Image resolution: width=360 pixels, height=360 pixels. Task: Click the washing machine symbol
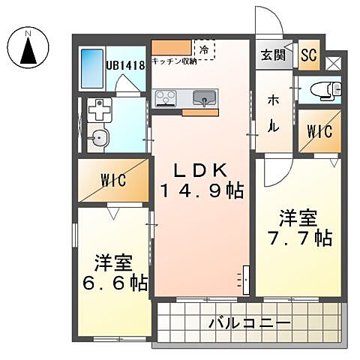pos(98,112)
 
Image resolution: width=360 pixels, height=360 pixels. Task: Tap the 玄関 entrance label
pos(272,55)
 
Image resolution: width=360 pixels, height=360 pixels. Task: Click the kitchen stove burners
pos(166,97)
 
